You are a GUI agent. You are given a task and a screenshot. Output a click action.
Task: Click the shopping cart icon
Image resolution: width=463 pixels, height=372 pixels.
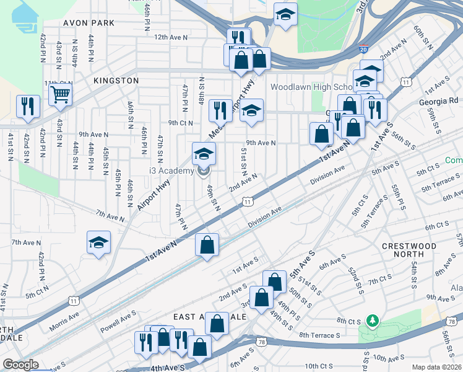[61, 95]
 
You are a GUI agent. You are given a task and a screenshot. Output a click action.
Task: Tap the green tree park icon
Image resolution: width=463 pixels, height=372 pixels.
[372, 321]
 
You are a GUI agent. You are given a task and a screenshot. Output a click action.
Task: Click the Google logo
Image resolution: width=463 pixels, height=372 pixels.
[21, 365]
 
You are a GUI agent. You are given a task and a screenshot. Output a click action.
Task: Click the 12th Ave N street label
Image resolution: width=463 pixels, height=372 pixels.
[171, 38]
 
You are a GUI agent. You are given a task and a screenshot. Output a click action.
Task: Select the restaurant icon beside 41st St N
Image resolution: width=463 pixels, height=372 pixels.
[28, 107]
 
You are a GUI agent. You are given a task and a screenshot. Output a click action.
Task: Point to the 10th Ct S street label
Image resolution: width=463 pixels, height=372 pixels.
[319, 366]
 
